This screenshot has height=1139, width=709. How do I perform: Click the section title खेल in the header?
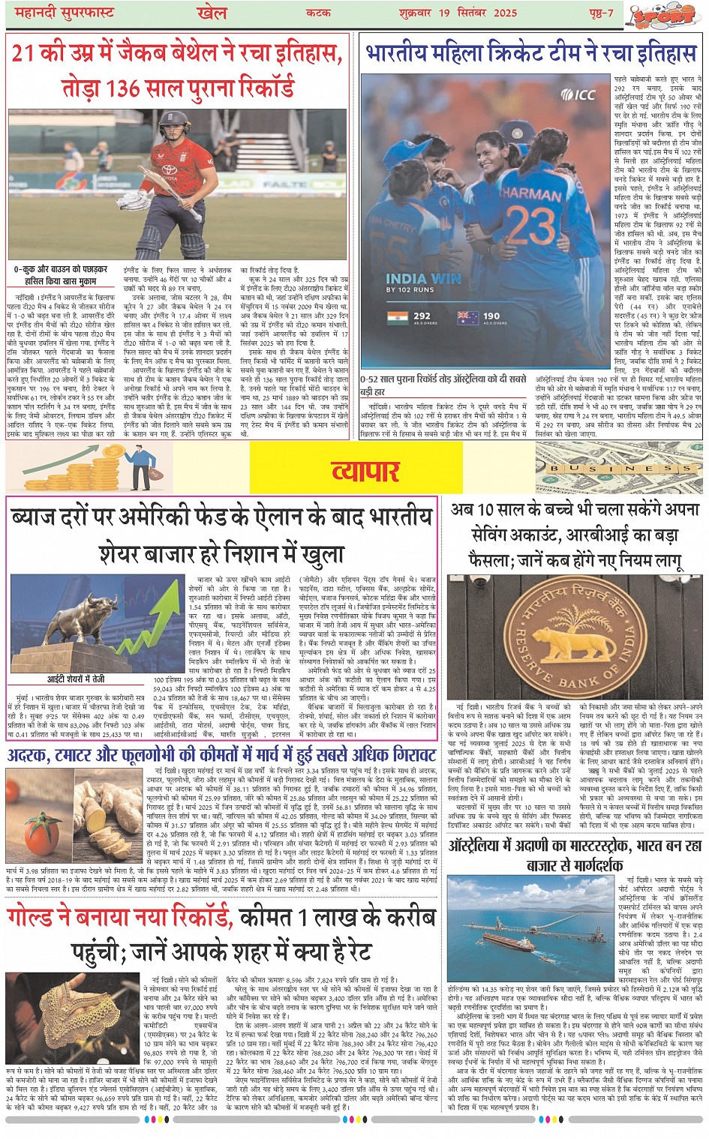coord(212,13)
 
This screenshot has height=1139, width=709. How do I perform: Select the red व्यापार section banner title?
coord(365,470)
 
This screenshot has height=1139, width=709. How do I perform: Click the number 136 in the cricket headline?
coord(127,88)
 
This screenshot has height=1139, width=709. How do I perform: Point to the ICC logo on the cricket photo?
coord(578,94)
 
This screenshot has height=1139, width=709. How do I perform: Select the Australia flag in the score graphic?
coord(468,317)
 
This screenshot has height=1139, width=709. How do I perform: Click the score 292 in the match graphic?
coord(422,316)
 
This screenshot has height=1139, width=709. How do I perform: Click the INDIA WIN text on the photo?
coord(423,278)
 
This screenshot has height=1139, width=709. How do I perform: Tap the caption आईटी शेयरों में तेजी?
coord(77,679)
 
